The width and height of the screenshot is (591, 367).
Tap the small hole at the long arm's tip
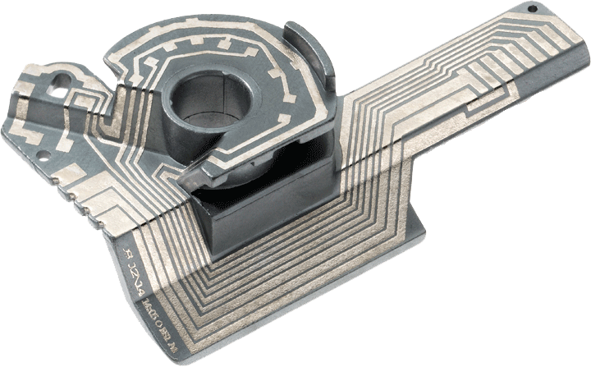[532, 9]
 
